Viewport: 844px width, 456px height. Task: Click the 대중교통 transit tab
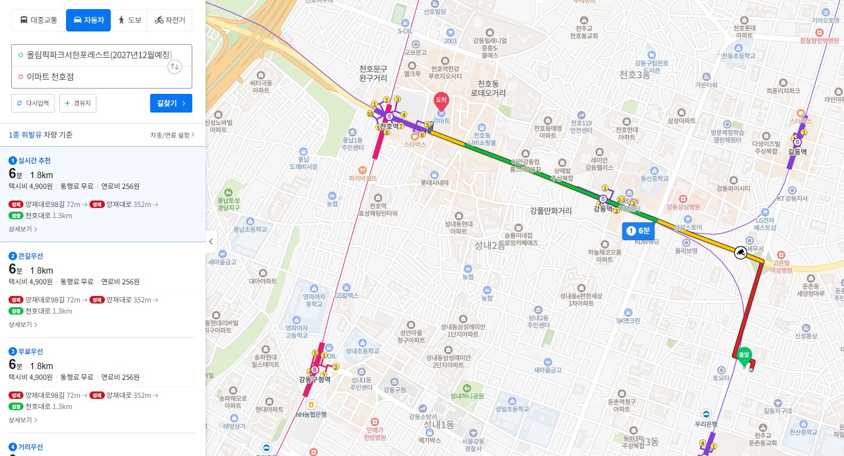pyautogui.click(x=38, y=20)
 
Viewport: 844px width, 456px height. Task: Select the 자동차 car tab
pyautogui.click(x=88, y=20)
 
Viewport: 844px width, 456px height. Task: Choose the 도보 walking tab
pyautogui.click(x=129, y=20)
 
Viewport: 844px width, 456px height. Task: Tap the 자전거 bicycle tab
pyautogui.click(x=170, y=20)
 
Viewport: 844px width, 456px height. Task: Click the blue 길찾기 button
pyautogui.click(x=171, y=103)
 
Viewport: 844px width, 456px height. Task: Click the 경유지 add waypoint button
pyautogui.click(x=78, y=103)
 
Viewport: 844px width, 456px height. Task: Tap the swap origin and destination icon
pyautogui.click(x=175, y=67)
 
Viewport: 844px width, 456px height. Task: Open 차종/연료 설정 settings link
pyautogui.click(x=172, y=135)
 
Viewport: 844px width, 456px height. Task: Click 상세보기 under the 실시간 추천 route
pyautogui.click(x=22, y=229)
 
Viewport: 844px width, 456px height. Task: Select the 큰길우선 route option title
pyautogui.click(x=30, y=256)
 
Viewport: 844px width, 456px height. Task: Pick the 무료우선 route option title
pyautogui.click(x=30, y=351)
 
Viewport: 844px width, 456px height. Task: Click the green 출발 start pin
pyautogui.click(x=744, y=356)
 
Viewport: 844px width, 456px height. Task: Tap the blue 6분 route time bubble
pyautogui.click(x=638, y=231)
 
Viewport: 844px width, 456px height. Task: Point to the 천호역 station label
pyautogui.click(x=389, y=126)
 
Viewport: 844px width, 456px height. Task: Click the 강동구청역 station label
pyautogui.click(x=315, y=380)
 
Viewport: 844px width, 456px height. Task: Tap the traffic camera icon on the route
pyautogui.click(x=740, y=252)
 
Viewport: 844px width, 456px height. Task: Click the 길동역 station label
pyautogui.click(x=797, y=152)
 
